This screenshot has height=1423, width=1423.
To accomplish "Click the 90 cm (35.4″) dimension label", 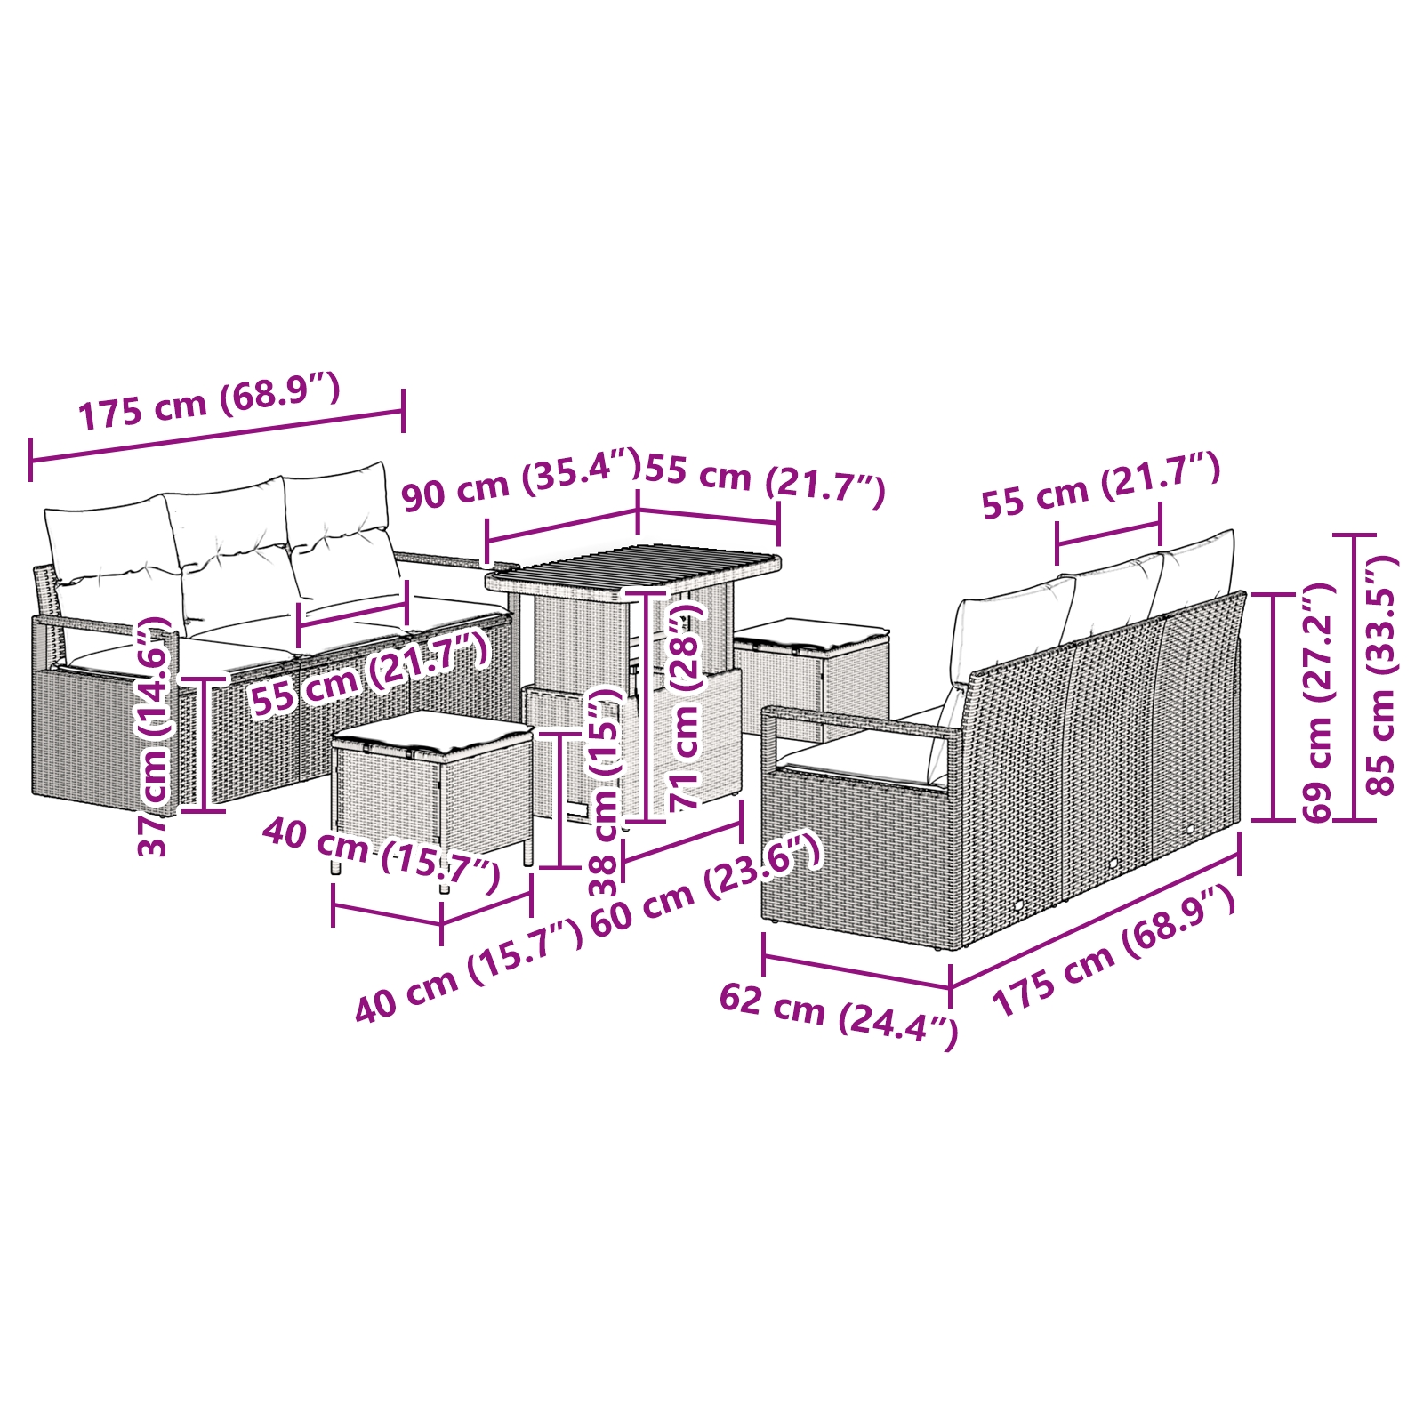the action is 521,482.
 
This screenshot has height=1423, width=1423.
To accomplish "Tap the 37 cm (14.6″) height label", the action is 153,736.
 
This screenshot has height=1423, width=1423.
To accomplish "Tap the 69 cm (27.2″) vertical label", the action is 1318,703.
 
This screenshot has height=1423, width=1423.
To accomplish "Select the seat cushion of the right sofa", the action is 858,763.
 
